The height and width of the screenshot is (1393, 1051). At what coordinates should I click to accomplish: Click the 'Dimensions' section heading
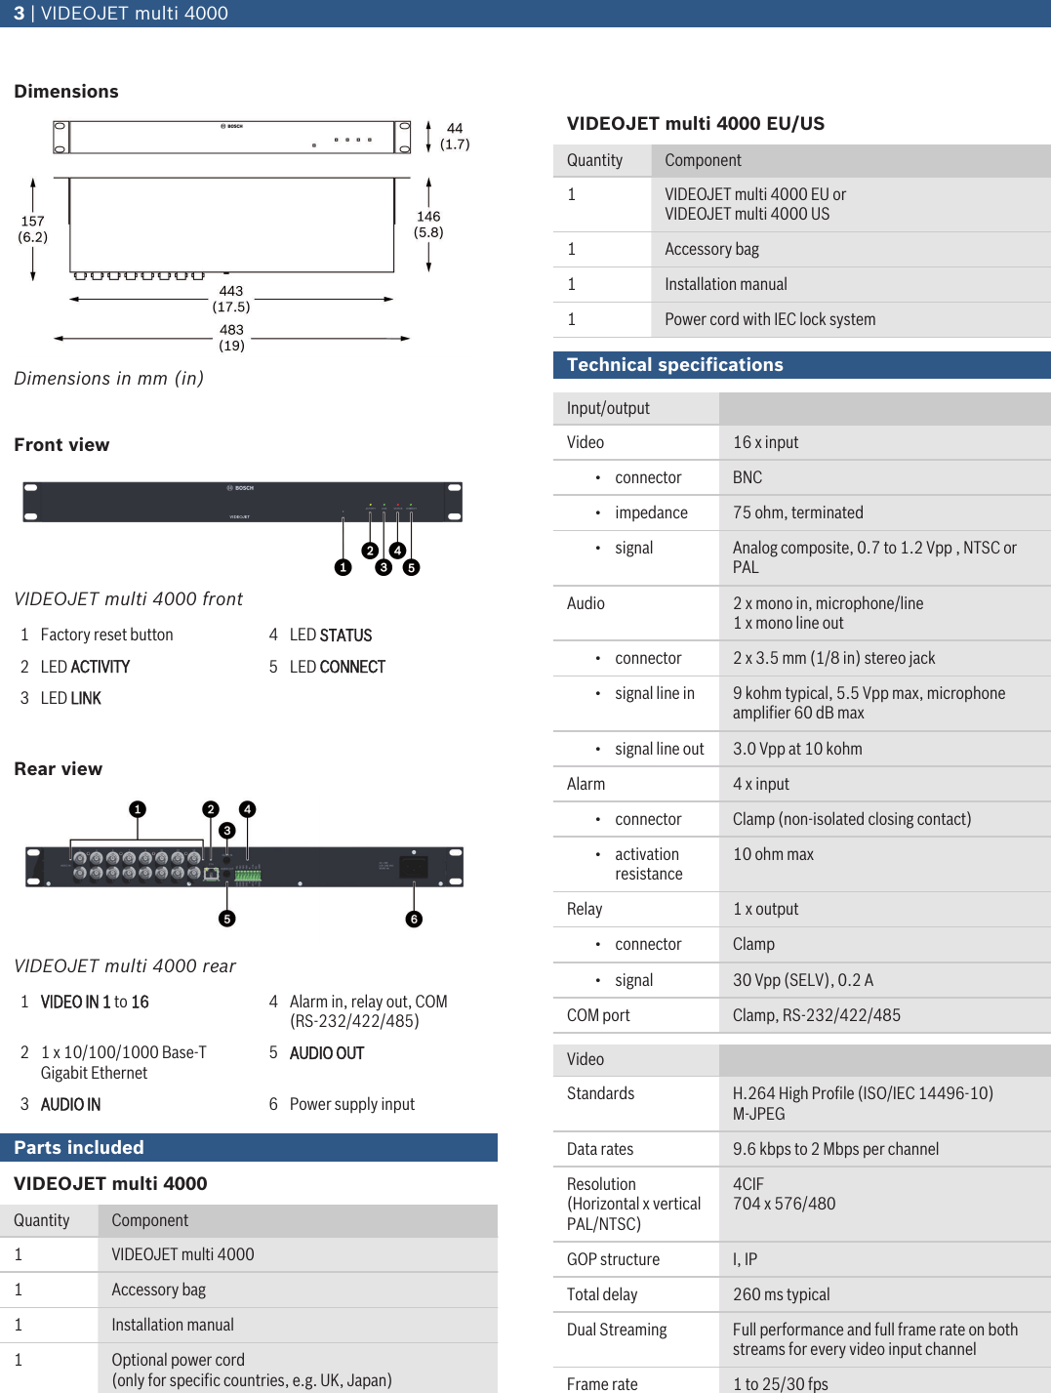(x=66, y=92)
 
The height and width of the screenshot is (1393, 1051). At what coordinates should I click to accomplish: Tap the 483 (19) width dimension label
(x=231, y=338)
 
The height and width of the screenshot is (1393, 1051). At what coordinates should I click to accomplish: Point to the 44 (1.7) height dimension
(x=455, y=136)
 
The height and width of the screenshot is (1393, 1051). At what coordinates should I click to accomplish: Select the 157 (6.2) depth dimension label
(x=33, y=229)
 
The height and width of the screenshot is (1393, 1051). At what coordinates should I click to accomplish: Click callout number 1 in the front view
(x=343, y=567)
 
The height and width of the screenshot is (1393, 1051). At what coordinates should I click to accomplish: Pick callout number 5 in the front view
(x=412, y=567)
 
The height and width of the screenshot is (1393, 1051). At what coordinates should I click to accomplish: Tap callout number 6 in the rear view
(x=414, y=919)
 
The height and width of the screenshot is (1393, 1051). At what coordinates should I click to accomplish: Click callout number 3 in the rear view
(x=227, y=831)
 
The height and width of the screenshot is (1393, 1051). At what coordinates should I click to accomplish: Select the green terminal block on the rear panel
(x=248, y=875)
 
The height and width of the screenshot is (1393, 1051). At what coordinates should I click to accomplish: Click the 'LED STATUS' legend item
(x=330, y=635)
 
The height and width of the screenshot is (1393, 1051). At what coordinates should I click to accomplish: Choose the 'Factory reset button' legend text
(x=106, y=635)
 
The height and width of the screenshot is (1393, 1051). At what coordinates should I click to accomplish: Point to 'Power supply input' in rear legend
(x=351, y=1104)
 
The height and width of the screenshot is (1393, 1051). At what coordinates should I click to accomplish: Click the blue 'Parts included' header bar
(x=249, y=1147)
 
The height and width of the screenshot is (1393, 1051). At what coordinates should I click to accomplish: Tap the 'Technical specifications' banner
(x=801, y=365)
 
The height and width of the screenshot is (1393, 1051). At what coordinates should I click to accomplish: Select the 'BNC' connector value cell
(x=748, y=477)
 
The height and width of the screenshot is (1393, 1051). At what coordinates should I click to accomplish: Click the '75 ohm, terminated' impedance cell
(x=797, y=512)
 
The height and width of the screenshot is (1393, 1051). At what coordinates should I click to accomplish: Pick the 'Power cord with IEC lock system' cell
(x=770, y=319)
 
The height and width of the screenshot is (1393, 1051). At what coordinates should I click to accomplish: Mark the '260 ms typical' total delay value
(x=781, y=1294)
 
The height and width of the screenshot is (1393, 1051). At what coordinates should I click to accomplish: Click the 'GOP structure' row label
(x=613, y=1259)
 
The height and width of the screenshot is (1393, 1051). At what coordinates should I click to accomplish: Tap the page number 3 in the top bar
(x=19, y=14)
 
